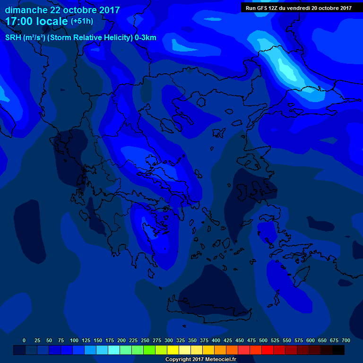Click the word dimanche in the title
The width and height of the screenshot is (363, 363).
26,10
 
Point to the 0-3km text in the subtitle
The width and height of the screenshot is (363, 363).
145,38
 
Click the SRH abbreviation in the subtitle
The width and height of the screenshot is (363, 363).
13,38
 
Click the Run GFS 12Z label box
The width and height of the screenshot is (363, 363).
298,8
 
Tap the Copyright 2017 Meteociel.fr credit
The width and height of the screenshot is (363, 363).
200,360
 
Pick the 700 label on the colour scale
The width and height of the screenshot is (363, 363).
346,340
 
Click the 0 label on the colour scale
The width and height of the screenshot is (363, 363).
24,340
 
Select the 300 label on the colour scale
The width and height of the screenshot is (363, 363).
169,340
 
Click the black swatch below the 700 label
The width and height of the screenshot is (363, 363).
338,350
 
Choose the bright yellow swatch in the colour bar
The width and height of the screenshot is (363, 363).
173,350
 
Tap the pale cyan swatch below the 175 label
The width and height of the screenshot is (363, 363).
114,350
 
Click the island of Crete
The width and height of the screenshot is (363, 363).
208,310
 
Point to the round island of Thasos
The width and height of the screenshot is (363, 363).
200,102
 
